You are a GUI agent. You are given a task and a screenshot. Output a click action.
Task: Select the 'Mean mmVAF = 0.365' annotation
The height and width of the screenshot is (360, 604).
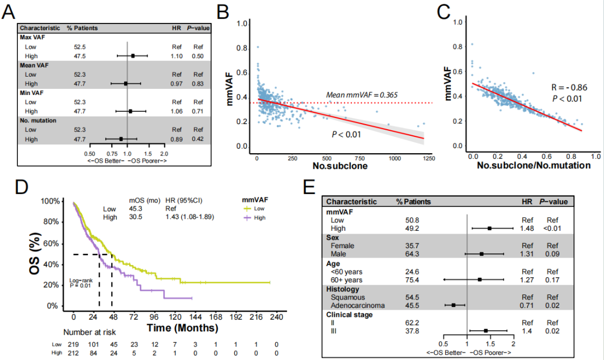tap(362, 95)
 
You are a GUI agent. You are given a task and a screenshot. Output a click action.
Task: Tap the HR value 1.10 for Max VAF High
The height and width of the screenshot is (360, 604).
tap(177, 56)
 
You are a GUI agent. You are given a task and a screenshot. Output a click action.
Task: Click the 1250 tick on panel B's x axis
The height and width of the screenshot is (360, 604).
tap(429, 159)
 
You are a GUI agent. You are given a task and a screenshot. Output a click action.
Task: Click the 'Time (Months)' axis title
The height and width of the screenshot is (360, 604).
tap(182, 327)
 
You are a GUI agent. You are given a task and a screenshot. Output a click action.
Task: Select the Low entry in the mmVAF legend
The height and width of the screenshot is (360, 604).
tap(257, 208)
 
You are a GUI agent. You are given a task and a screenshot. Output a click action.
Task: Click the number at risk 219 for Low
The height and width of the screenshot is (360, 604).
tap(74, 345)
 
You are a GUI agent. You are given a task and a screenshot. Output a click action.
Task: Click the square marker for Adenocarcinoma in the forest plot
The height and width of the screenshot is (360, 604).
tap(454, 305)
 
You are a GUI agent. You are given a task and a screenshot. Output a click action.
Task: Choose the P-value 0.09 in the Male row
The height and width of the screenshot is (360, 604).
tap(553, 253)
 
